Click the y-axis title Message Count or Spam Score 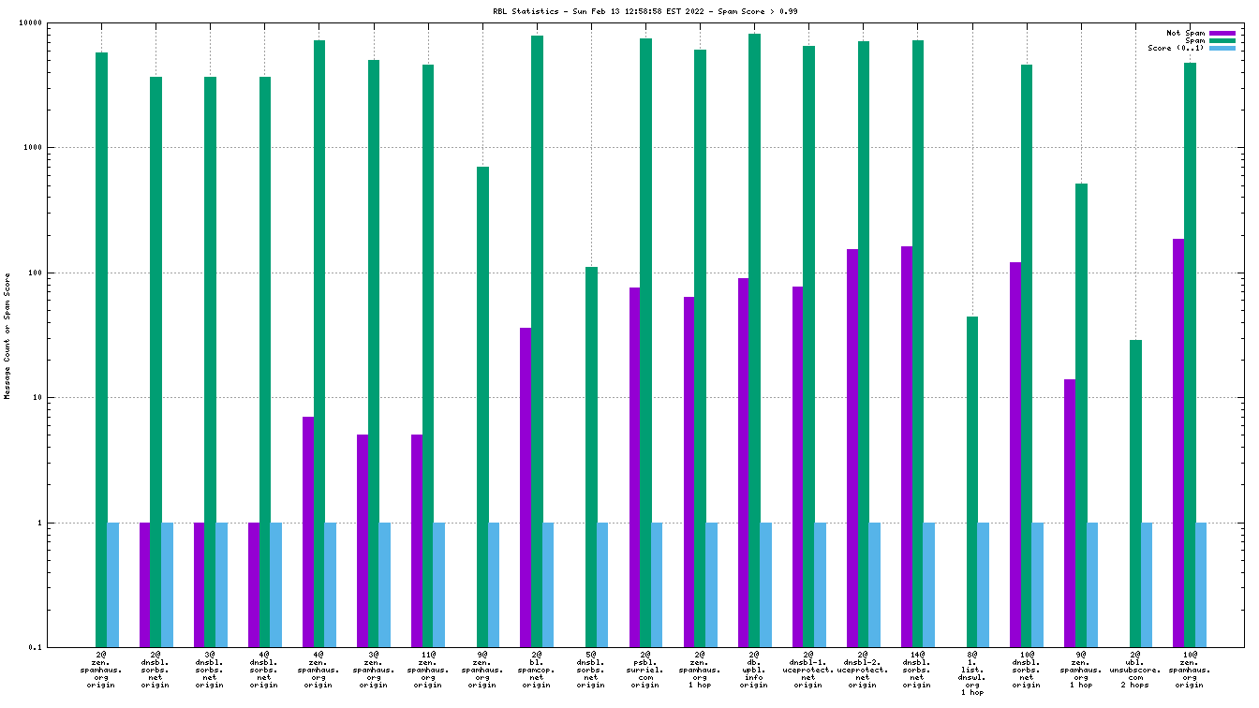click(8, 335)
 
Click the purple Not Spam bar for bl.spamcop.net click(526, 487)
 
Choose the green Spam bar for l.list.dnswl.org click(972, 481)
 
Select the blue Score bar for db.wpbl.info click(765, 584)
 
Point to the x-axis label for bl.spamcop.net click(537, 670)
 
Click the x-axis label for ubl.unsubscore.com click(1135, 670)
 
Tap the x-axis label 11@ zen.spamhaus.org click(427, 670)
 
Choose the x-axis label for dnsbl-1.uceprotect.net click(808, 670)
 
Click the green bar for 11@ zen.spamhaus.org click(428, 356)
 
